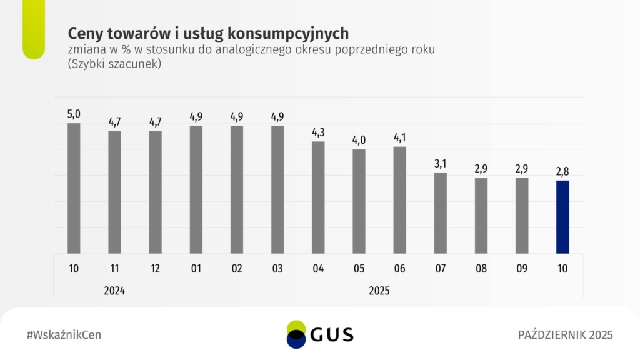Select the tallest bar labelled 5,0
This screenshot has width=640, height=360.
coord(74,187)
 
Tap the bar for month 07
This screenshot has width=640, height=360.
coord(441,212)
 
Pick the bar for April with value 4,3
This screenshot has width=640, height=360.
coord(318,197)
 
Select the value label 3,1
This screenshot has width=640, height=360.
coord(441,164)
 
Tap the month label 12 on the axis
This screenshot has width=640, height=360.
coord(155,269)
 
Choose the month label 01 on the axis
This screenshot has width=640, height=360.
coord(196,269)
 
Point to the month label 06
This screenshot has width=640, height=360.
coord(399,269)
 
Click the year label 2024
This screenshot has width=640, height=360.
coord(114,290)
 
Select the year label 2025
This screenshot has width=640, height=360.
coord(379,290)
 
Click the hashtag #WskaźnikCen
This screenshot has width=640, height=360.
coord(64,335)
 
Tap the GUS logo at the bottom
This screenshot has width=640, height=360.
coord(319,334)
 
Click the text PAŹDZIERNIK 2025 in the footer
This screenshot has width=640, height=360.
coord(566,335)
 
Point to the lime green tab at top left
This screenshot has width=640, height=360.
coord(33,28)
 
